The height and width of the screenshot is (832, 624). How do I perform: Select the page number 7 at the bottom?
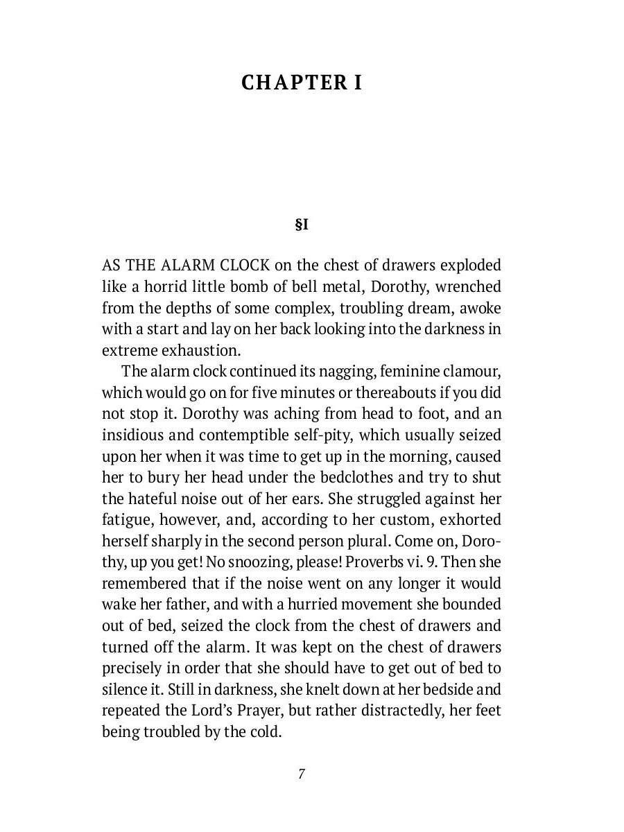point(302,774)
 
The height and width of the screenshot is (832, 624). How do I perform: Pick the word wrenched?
point(468,286)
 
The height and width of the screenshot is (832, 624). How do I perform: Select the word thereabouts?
point(395,393)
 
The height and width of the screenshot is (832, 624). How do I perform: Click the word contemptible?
point(278,435)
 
